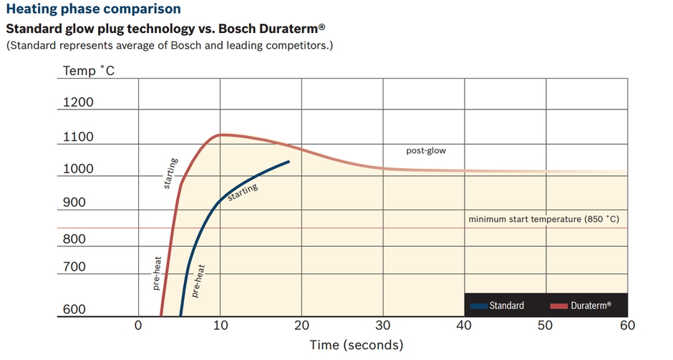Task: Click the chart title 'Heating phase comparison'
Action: pyautogui.click(x=93, y=9)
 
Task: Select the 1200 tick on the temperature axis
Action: pyautogui.click(x=78, y=102)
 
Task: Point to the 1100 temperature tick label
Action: pyautogui.click(x=78, y=137)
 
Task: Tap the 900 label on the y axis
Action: pyautogui.click(x=74, y=203)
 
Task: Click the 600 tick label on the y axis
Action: pyautogui.click(x=74, y=309)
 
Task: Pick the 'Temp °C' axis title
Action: pyautogui.click(x=88, y=70)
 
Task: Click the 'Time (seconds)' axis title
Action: pyautogui.click(x=357, y=345)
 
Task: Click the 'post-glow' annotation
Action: pyautogui.click(x=426, y=150)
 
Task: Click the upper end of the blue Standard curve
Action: pyautogui.click(x=289, y=162)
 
